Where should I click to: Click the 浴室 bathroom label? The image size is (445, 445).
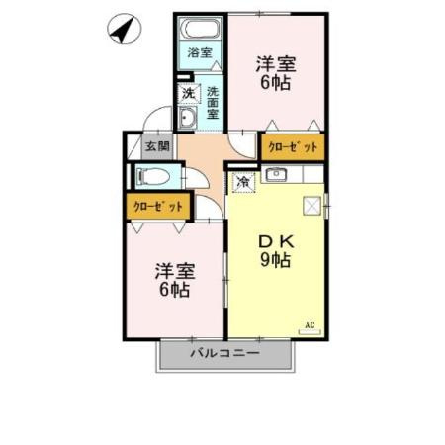pos(200,51)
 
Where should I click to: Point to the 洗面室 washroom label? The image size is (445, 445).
pos(213,103)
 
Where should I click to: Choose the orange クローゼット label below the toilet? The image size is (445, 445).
pos(159,207)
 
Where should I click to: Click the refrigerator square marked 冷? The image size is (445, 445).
pos(245,181)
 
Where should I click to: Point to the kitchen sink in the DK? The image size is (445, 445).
pos(277,177)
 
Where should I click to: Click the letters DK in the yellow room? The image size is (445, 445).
pos(273,240)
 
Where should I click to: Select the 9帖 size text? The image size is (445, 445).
pos(273,261)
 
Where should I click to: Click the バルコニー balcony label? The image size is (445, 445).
pos(224,353)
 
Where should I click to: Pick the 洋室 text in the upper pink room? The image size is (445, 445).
pos(276,63)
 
